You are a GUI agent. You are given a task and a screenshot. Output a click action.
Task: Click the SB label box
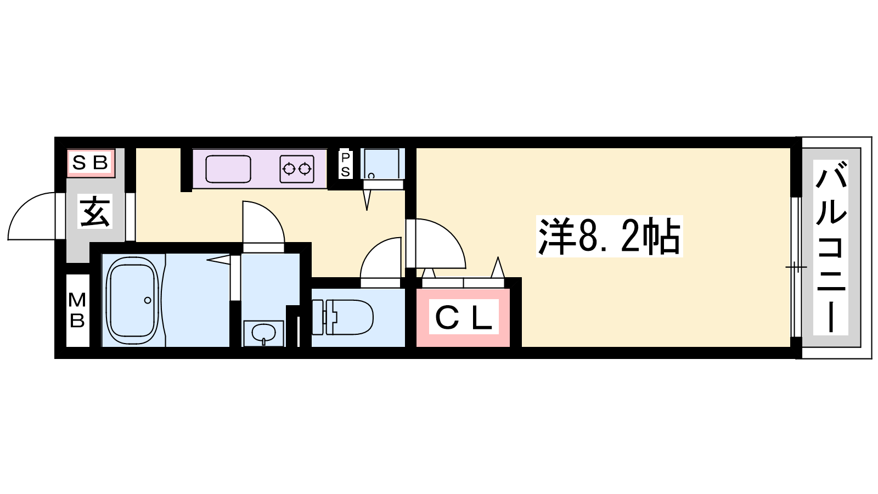91,162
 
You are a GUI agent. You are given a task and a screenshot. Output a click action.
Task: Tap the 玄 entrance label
95,212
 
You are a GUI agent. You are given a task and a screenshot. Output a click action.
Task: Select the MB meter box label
77,310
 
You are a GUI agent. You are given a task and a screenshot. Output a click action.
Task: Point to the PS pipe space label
345,165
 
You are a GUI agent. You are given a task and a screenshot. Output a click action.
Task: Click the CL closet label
464,317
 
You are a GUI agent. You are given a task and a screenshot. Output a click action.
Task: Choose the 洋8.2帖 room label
610,236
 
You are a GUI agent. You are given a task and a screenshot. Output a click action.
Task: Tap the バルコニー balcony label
831,247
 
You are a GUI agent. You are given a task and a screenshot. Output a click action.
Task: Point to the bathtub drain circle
148,300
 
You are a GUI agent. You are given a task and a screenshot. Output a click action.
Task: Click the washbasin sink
263,334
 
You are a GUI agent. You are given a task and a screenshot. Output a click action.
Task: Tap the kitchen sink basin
228,169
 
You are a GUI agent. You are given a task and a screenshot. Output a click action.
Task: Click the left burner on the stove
289,170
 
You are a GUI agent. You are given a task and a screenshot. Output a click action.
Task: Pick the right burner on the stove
305,170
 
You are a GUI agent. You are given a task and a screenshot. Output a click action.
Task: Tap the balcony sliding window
796,267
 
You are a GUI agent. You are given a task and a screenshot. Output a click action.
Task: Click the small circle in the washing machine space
371,176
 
